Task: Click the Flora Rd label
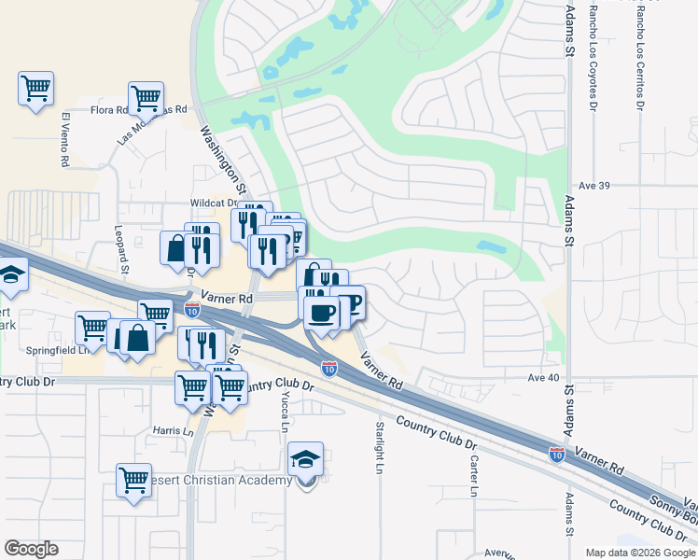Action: tap(109, 110)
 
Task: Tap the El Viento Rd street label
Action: tap(65, 140)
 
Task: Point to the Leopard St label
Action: tap(119, 242)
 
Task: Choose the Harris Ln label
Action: tap(173, 431)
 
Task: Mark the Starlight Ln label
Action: tap(380, 447)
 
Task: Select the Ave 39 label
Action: tap(593, 186)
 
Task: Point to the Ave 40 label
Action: tap(543, 377)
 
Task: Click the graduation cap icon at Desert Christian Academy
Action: tap(305, 459)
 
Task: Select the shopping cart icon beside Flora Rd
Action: tap(146, 96)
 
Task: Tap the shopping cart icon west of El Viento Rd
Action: tap(35, 89)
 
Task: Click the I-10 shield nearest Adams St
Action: tap(556, 454)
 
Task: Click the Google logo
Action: tap(31, 549)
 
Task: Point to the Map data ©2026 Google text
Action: tap(640, 553)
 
